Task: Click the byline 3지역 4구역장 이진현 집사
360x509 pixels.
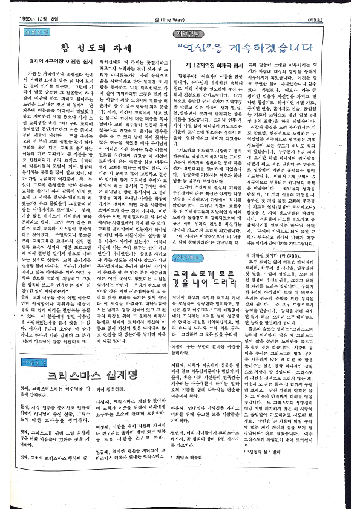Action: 67,62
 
